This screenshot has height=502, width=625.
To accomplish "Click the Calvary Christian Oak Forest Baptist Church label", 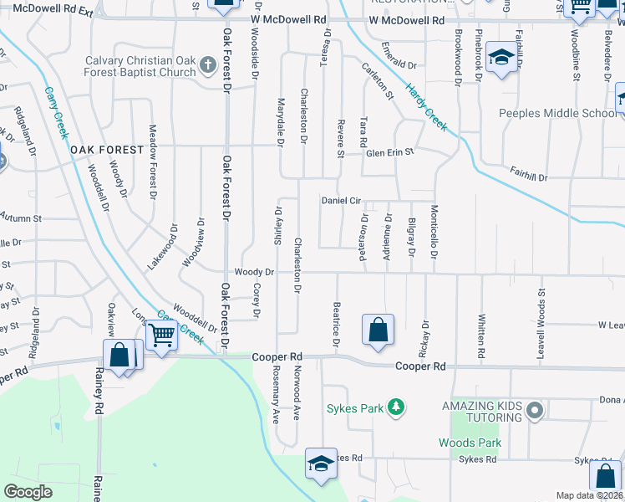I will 140,66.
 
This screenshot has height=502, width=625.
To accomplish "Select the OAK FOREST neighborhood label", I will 102,149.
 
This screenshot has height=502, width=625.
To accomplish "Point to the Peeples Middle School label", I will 556,114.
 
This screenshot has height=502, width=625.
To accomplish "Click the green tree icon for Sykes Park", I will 397,408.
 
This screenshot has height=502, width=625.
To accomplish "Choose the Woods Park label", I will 470,443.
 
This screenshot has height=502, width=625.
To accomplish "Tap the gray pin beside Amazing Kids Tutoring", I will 536,411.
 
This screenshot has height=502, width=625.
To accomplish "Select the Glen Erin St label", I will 390,152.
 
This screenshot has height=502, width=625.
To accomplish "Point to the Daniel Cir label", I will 341,201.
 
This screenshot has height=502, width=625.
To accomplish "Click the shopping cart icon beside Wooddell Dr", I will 162,336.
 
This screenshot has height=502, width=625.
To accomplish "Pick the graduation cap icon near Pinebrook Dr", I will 501,57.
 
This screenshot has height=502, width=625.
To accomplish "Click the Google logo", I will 28,492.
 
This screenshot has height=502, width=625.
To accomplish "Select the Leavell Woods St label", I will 541,310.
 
